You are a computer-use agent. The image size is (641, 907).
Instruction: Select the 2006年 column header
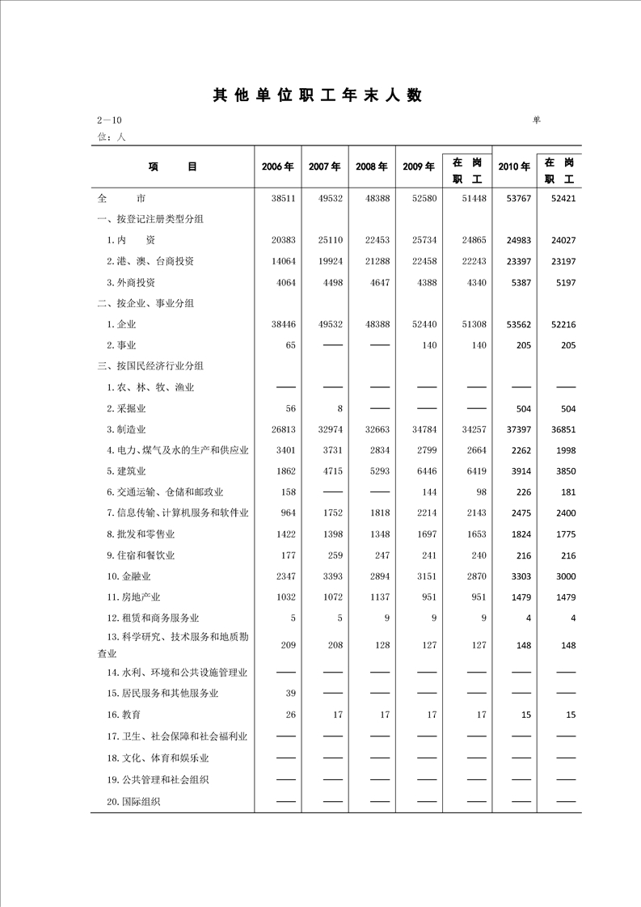pyautogui.click(x=277, y=167)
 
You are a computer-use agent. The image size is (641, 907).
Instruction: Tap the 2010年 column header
pyautogui.click(x=514, y=167)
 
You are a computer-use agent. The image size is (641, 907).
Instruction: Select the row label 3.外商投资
pyautogui.click(x=130, y=282)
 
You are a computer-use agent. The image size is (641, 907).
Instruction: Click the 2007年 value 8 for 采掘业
pyautogui.click(x=339, y=408)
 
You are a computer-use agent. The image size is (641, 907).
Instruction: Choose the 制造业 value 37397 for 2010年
pyautogui.click(x=515, y=429)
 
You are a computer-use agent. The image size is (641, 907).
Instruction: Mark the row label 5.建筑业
pyautogui.click(x=127, y=471)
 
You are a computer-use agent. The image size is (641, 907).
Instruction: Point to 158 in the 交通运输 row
pyautogui.click(x=287, y=492)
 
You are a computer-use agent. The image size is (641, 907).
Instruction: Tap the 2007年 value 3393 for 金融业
pyautogui.click(x=331, y=576)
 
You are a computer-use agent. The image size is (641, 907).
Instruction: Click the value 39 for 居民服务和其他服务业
pyautogui.click(x=290, y=694)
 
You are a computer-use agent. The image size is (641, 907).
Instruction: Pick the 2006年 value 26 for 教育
pyautogui.click(x=290, y=715)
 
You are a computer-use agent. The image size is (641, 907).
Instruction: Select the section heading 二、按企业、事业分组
pyautogui.click(x=145, y=303)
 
